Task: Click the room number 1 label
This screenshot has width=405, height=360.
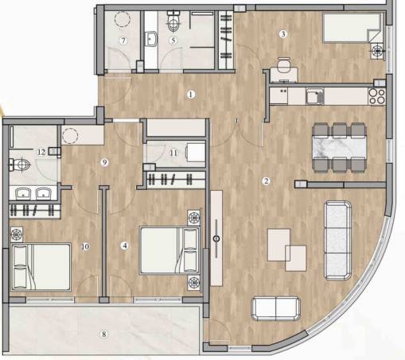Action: click(191, 95)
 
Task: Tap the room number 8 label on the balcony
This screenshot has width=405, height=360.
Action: click(104, 334)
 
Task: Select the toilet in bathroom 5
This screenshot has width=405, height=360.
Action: click(173, 21)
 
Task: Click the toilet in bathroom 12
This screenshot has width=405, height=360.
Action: click(19, 165)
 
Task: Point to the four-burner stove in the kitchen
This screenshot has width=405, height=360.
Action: click(377, 96)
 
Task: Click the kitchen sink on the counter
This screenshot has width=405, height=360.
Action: click(315, 96)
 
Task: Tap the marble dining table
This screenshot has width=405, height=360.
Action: click(340, 148)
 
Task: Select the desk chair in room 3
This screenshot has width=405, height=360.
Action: click(283, 65)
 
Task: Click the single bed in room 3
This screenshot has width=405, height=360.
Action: click(352, 28)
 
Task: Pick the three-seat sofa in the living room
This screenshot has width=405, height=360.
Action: click(338, 240)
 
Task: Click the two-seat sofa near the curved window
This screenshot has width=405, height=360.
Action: click(276, 308)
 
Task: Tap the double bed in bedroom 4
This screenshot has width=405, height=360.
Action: click(169, 250)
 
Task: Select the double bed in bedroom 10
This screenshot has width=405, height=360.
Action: click(41, 267)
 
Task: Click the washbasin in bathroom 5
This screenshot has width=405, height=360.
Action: click(151, 39)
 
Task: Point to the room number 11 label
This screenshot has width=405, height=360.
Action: click(173, 153)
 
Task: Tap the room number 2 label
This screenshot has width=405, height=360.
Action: click(266, 181)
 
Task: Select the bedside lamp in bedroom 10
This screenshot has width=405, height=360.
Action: click(17, 234)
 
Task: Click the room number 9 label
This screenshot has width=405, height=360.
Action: click(104, 162)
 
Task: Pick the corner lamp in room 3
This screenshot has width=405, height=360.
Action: click(377, 50)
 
